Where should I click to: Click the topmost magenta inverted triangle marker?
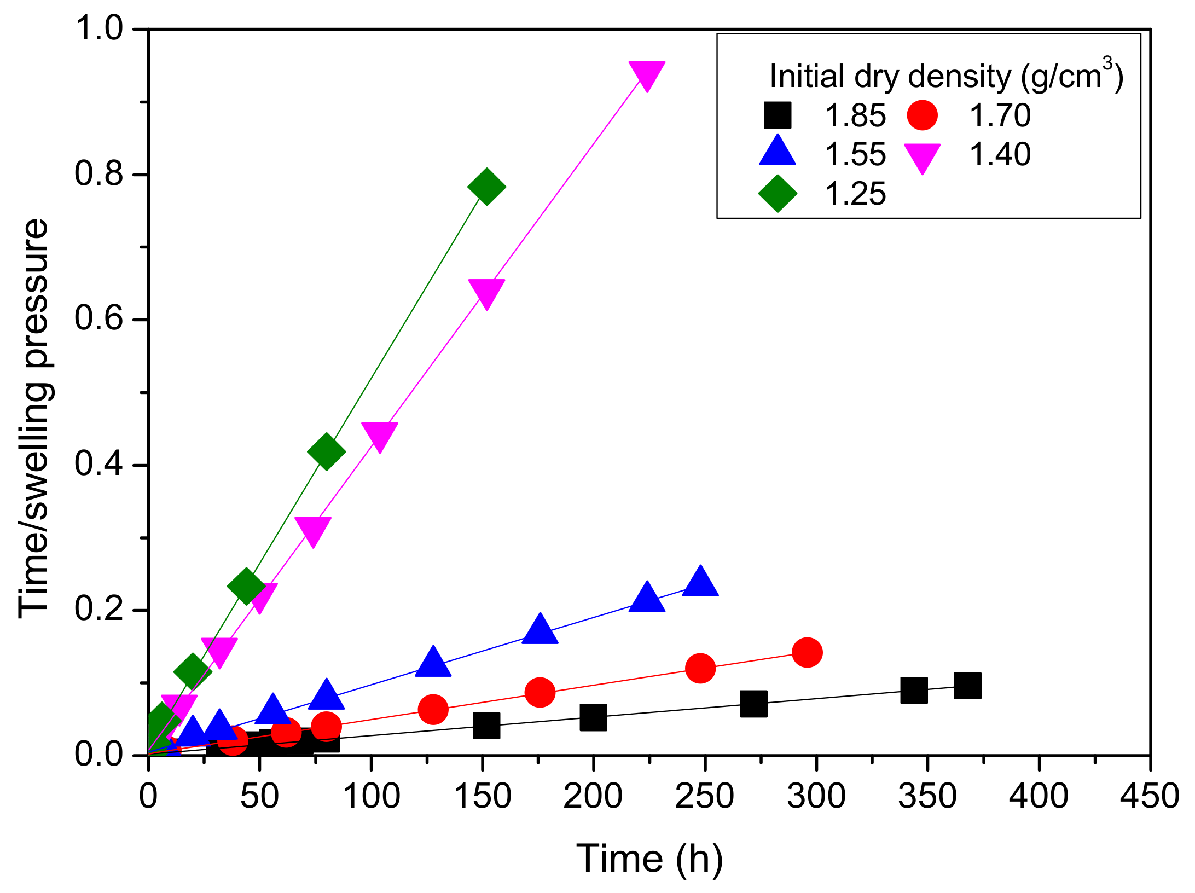[x=647, y=74]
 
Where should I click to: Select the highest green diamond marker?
[x=486, y=187]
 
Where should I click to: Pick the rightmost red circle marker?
[x=807, y=652]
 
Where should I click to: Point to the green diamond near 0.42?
[x=326, y=451]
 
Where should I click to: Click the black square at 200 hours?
[x=593, y=717]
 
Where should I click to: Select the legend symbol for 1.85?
[x=777, y=115]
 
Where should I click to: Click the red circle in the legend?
[x=923, y=115]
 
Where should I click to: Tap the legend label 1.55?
[x=855, y=155]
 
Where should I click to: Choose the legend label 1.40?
[x=1000, y=155]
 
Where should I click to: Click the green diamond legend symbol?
[x=777, y=194]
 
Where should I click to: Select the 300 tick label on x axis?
[x=816, y=796]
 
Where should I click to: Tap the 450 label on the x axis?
[x=1150, y=796]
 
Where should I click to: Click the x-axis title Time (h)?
[x=649, y=859]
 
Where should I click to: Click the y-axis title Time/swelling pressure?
[x=34, y=419]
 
